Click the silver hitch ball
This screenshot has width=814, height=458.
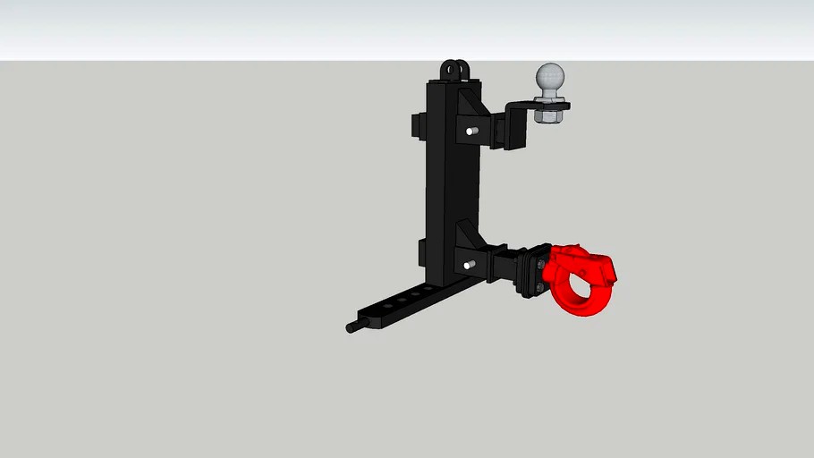coord(550,79)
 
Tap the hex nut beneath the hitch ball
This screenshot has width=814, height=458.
coord(547,114)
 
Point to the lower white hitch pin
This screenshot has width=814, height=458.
coord(469,265)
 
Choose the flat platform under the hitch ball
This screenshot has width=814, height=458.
coord(545,105)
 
